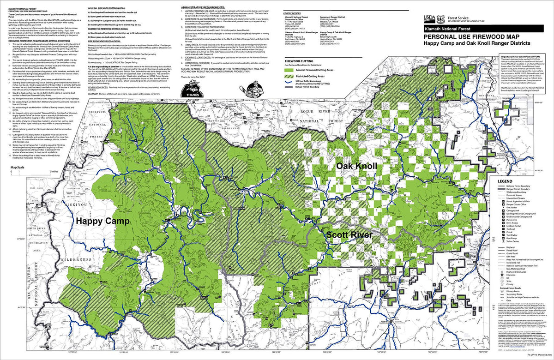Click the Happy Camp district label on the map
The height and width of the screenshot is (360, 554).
point(102,221)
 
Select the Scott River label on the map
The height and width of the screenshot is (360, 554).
point(349,235)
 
